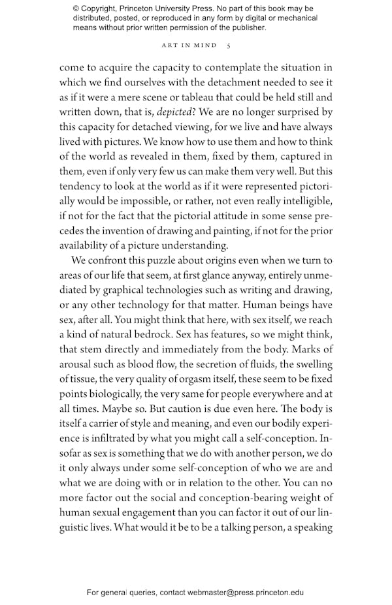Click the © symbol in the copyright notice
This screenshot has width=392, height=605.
coord(76,8)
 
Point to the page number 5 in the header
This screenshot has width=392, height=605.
coord(228,46)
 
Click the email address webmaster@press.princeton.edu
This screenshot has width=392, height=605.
coord(245,593)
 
